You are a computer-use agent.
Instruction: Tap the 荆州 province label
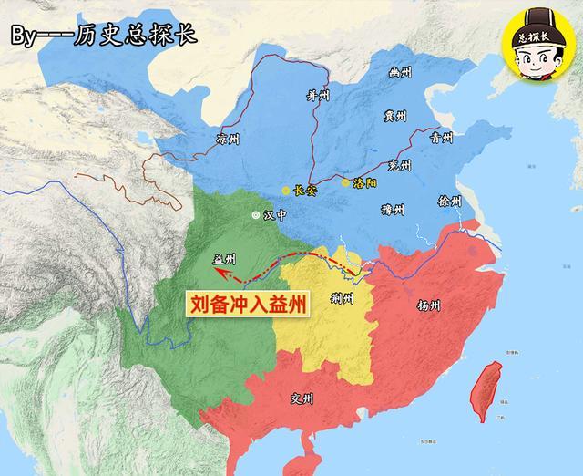click(343, 297)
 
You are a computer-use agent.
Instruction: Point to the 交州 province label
click(301, 399)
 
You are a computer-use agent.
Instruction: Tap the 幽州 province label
click(399, 70)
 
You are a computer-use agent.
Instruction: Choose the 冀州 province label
click(395, 117)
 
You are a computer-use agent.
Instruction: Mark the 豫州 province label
click(393, 211)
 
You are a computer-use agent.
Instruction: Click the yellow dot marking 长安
click(286, 191)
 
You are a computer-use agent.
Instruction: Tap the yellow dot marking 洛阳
click(345, 182)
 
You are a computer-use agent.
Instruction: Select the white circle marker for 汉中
click(255, 216)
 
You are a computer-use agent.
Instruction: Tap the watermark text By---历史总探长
click(103, 36)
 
